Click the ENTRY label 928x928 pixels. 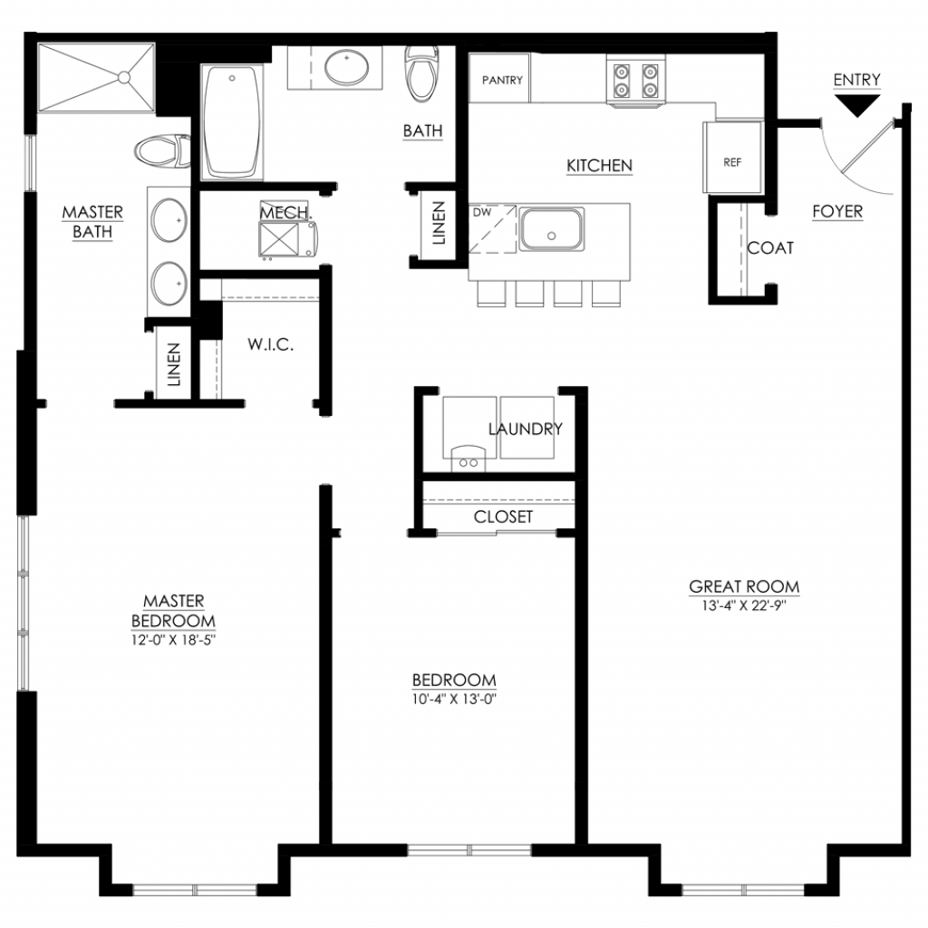(856, 80)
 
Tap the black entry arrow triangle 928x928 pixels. (856, 105)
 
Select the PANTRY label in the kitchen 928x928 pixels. (502, 80)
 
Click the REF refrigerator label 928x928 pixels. (732, 162)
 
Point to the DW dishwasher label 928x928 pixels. (482, 212)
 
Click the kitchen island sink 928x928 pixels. (551, 229)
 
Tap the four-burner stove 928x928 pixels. (635, 81)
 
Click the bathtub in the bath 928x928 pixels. (231, 121)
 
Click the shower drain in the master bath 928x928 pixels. (123, 78)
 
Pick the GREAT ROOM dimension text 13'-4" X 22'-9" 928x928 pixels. (744, 605)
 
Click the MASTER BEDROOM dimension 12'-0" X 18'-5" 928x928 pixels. (173, 640)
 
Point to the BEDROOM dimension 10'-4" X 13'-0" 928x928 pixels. (454, 699)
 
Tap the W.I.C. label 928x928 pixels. (270, 344)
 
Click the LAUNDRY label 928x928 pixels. (525, 429)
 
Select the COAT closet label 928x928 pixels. (770, 248)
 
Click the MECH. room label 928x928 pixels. (285, 212)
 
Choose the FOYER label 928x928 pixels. (837, 211)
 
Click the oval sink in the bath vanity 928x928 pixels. (347, 68)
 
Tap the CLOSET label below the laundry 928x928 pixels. (503, 517)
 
